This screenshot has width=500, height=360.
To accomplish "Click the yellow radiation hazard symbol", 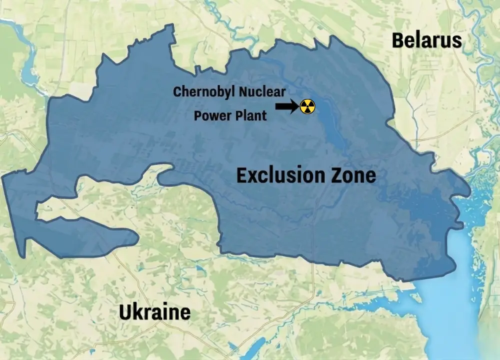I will coord(307,106).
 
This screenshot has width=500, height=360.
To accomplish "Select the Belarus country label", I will coord(426,40).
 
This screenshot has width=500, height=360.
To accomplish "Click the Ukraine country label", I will coord(154,312).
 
